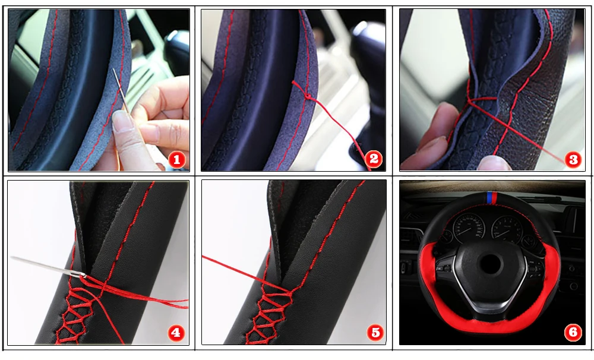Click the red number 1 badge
point(176,160)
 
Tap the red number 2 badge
point(374,159)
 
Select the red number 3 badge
point(573,160)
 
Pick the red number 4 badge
point(176,333)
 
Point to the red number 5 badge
point(375,333)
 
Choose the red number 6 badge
point(573,332)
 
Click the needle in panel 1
point(121,91)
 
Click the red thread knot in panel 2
point(307,96)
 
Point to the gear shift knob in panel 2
point(365,46)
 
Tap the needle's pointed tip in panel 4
point(12,258)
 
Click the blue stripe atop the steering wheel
point(489,197)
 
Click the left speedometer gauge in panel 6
point(469,228)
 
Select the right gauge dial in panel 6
point(507,229)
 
